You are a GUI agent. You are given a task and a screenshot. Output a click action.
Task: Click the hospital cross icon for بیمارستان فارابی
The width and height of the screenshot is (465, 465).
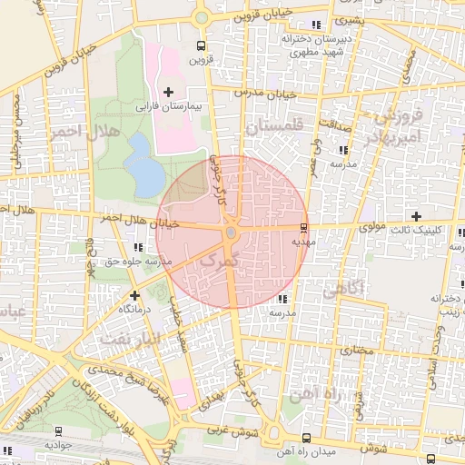click(x=168, y=92)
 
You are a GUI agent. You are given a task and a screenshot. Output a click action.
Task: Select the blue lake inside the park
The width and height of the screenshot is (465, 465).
click(x=141, y=166)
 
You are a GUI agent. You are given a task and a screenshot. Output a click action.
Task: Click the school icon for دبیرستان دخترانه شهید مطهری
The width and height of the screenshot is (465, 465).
click(x=316, y=25)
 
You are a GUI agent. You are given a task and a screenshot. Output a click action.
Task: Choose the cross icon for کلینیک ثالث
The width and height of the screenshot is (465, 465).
click(x=416, y=216)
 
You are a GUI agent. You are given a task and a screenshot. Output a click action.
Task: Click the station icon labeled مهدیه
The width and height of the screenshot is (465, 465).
click(x=303, y=227)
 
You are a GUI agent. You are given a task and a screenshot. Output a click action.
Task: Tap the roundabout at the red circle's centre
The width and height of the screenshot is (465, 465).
click(x=231, y=233)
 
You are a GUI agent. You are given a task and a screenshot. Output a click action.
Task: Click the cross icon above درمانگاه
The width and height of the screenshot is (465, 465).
click(x=134, y=295)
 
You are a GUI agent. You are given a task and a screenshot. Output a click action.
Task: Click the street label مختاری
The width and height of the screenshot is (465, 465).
click(x=357, y=349)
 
